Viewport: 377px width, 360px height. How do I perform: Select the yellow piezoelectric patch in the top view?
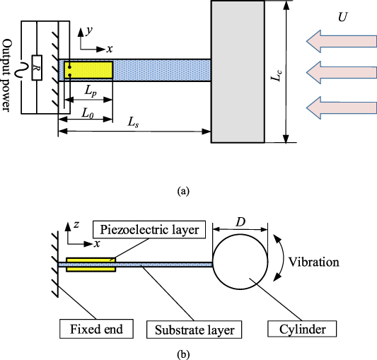click(88, 70)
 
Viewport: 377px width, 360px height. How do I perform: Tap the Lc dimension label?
click(277, 71)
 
